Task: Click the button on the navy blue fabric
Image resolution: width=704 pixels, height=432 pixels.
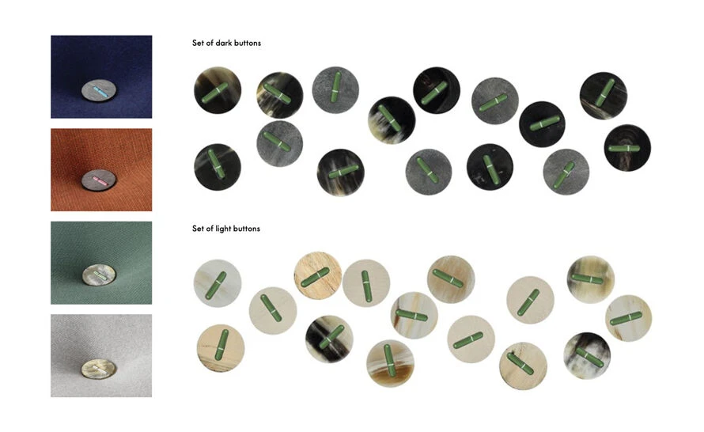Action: coord(99,91)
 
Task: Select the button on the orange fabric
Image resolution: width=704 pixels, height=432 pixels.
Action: coord(99,180)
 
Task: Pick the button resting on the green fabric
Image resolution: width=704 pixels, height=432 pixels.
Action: coord(99,275)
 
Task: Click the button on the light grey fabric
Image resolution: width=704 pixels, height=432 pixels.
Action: coord(99,369)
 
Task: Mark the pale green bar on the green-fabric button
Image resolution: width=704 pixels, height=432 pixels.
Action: coord(100,275)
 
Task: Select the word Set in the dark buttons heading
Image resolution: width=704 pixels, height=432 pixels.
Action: coord(198,43)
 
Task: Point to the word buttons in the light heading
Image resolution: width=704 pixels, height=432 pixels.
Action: coord(247,229)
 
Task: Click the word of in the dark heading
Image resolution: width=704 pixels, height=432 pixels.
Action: coord(210,43)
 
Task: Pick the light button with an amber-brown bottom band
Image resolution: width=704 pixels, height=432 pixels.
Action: coord(390,363)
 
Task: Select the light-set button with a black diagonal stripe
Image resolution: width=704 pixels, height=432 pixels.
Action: coord(329,339)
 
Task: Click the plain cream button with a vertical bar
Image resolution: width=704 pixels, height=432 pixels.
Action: coord(366,283)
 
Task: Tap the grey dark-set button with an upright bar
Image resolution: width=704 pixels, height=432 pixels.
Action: coord(335,90)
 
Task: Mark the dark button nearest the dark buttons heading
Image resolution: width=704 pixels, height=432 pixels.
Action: coord(218,90)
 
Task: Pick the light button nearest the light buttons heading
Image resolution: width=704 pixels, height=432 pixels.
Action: coord(218,283)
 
